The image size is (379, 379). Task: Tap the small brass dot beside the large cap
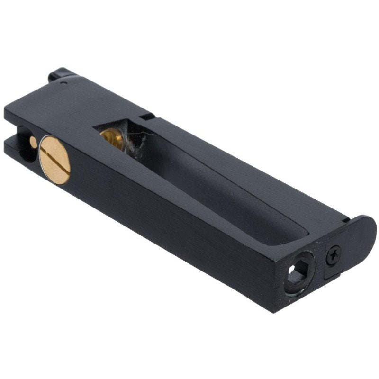[33, 141]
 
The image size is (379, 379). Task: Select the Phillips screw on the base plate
[333, 256]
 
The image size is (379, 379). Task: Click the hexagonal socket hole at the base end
[298, 273]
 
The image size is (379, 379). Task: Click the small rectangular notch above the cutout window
[148, 115]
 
